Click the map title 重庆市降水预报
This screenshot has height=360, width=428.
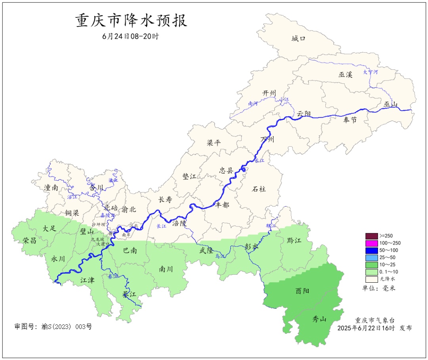(131, 21)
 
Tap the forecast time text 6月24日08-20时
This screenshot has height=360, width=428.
(130, 36)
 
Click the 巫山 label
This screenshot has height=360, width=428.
(390, 104)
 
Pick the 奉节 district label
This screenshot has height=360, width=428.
(350, 120)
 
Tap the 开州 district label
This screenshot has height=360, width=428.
(269, 93)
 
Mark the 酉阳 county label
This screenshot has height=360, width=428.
(303, 291)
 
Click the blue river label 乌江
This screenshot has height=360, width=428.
(220, 257)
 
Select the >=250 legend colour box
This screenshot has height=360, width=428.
(371, 236)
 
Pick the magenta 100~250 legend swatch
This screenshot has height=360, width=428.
(371, 243)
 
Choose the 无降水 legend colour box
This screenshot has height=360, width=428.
(371, 279)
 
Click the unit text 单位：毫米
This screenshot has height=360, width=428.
(378, 288)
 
